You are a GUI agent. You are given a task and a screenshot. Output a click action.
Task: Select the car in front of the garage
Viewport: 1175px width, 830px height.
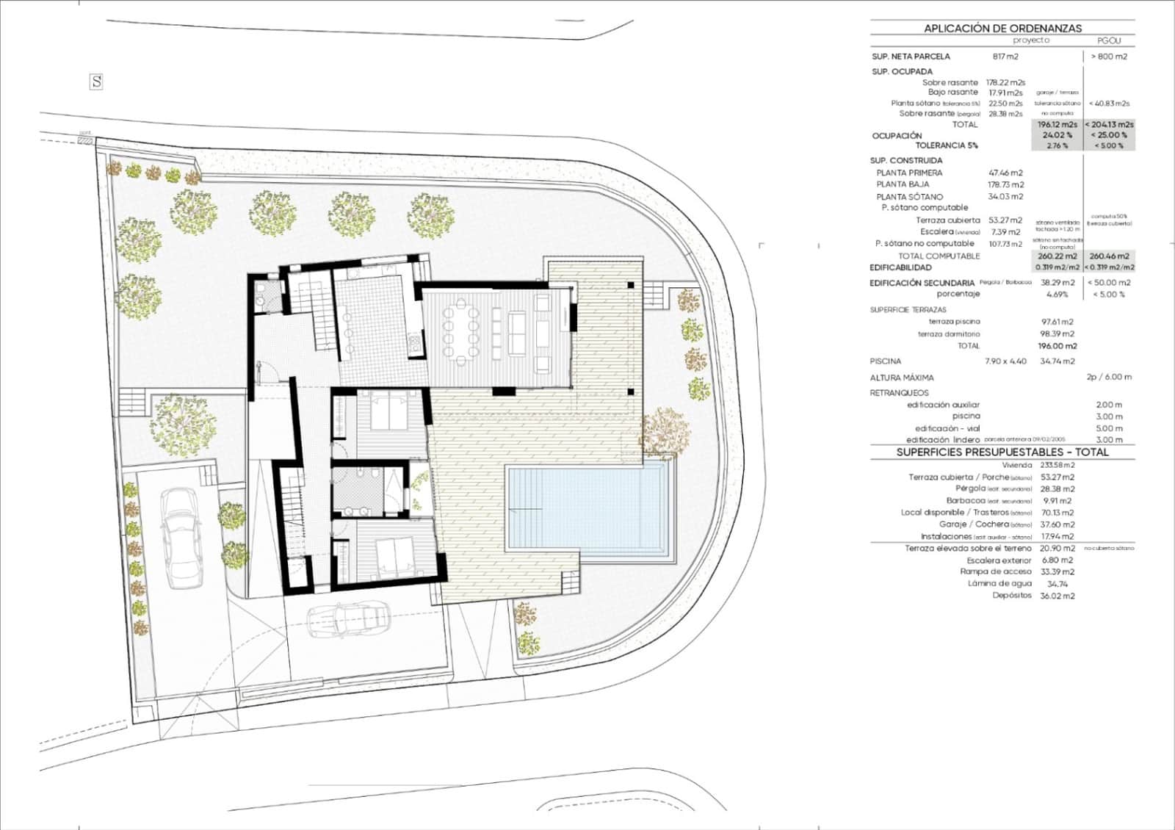pos(349,621)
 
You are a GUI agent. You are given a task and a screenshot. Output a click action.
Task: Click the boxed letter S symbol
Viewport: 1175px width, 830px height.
pos(96,82)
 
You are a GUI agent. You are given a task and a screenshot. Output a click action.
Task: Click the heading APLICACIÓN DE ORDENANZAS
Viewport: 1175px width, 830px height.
pos(1002,28)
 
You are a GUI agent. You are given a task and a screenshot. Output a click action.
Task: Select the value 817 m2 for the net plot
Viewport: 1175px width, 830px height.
pos(1005,57)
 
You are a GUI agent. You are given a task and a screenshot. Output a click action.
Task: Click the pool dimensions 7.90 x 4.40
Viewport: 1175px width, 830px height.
pos(1005,361)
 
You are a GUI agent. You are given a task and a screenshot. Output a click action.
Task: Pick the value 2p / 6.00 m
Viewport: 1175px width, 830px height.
pos(1109,378)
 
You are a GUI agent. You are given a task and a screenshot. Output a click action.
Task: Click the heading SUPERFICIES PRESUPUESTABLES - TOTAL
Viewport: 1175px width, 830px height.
pos(1002,452)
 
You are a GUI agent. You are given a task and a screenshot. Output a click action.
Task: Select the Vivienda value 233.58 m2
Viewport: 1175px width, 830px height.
pos(1057,466)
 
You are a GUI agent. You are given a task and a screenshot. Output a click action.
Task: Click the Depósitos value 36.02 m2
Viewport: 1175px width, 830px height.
pos(1057,596)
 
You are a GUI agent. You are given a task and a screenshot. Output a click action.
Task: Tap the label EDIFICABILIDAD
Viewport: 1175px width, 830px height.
pos(900,268)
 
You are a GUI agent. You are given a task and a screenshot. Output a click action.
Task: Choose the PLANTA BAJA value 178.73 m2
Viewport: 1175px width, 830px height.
pos(1005,184)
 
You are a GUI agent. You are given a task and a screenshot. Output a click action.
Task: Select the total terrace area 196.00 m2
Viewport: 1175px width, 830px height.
pos(1057,346)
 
